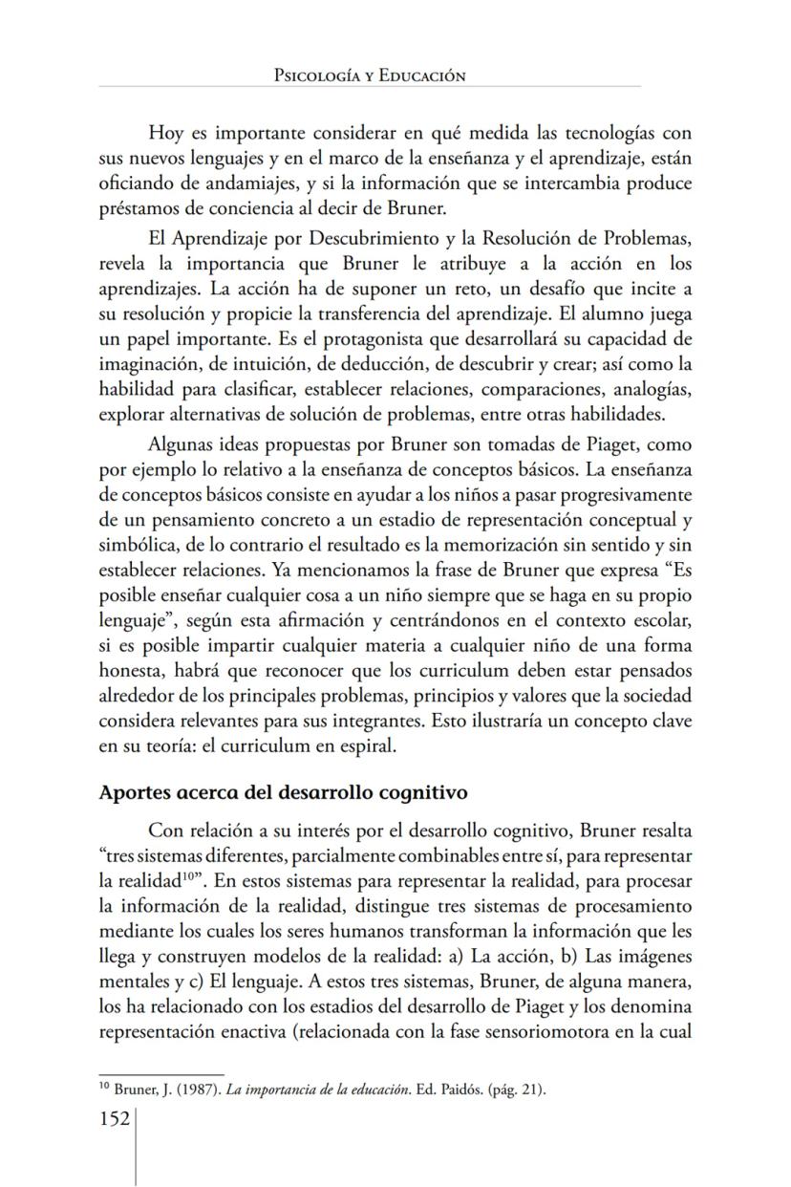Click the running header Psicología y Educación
[x=369, y=75]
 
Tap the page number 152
[x=115, y=1118]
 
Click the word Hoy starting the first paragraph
[x=165, y=132]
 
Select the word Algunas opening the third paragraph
[x=180, y=445]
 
